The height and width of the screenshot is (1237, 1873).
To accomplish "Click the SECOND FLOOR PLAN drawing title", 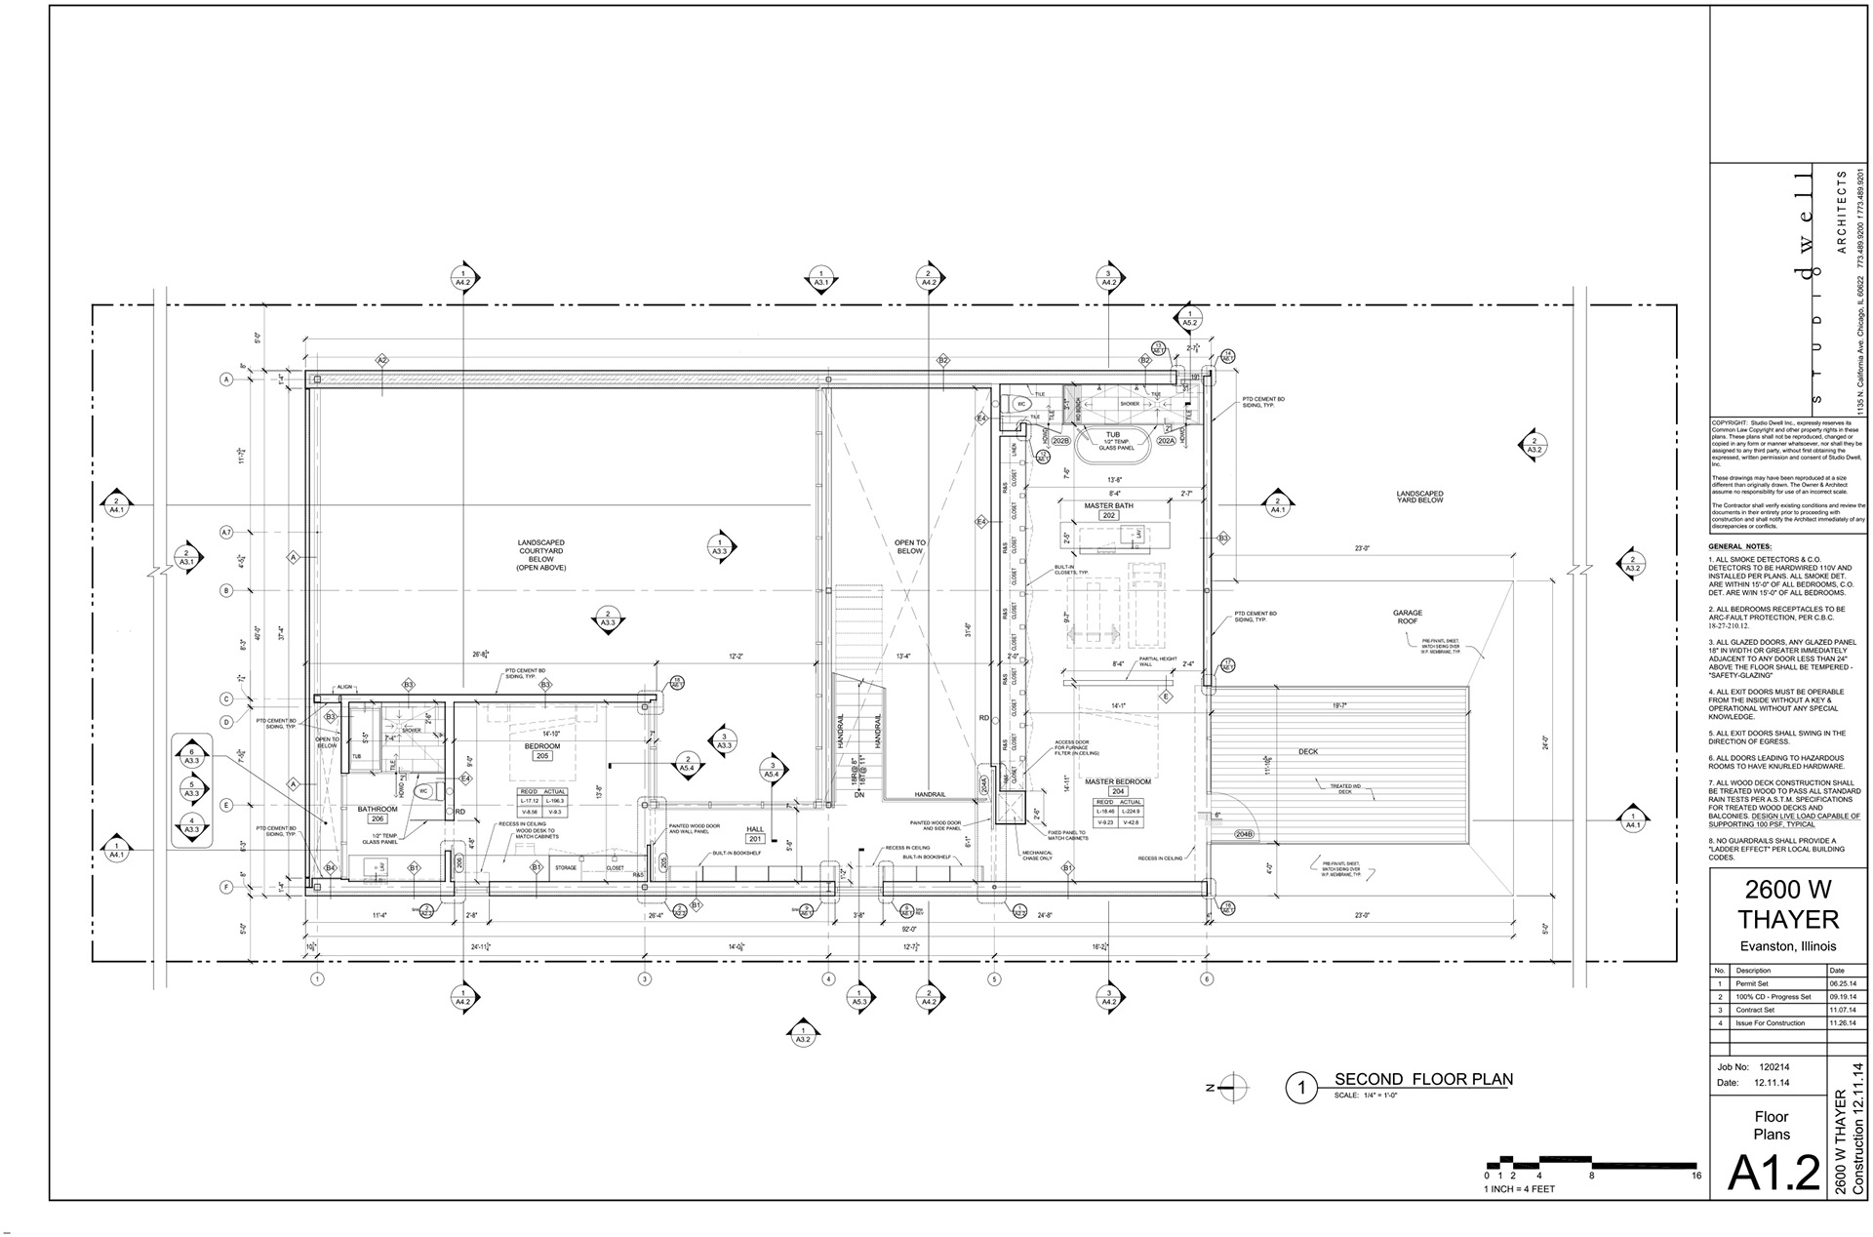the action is [x=1422, y=1079].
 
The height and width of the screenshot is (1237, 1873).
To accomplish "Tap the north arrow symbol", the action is [x=1231, y=1086].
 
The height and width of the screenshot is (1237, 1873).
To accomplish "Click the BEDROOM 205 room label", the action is [x=542, y=750].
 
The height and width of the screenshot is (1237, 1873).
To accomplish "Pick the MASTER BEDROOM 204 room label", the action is [x=1118, y=786].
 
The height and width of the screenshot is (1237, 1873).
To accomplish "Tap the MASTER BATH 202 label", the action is [x=1108, y=510].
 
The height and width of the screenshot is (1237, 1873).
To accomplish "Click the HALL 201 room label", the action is [x=755, y=833].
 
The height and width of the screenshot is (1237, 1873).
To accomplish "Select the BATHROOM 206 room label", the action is [x=377, y=814].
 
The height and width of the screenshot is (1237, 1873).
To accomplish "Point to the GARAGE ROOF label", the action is [x=1407, y=617].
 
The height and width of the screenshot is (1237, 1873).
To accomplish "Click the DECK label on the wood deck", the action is [x=1307, y=752].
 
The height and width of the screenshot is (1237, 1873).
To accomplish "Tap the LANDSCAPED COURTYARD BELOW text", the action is [x=540, y=555].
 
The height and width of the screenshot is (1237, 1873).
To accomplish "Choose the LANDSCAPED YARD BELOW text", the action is [x=1418, y=497].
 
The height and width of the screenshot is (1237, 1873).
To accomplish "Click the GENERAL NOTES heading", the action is [x=1740, y=546].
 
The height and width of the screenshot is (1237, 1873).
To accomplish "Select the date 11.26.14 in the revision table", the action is [x=1843, y=1023].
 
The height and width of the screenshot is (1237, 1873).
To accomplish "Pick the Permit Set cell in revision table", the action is [x=1751, y=984].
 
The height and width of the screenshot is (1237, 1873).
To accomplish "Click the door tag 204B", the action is [x=1244, y=834].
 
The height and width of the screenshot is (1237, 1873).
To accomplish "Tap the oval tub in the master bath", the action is [x=1113, y=443].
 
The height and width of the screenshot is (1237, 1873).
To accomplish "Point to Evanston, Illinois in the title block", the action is [x=1788, y=946].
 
